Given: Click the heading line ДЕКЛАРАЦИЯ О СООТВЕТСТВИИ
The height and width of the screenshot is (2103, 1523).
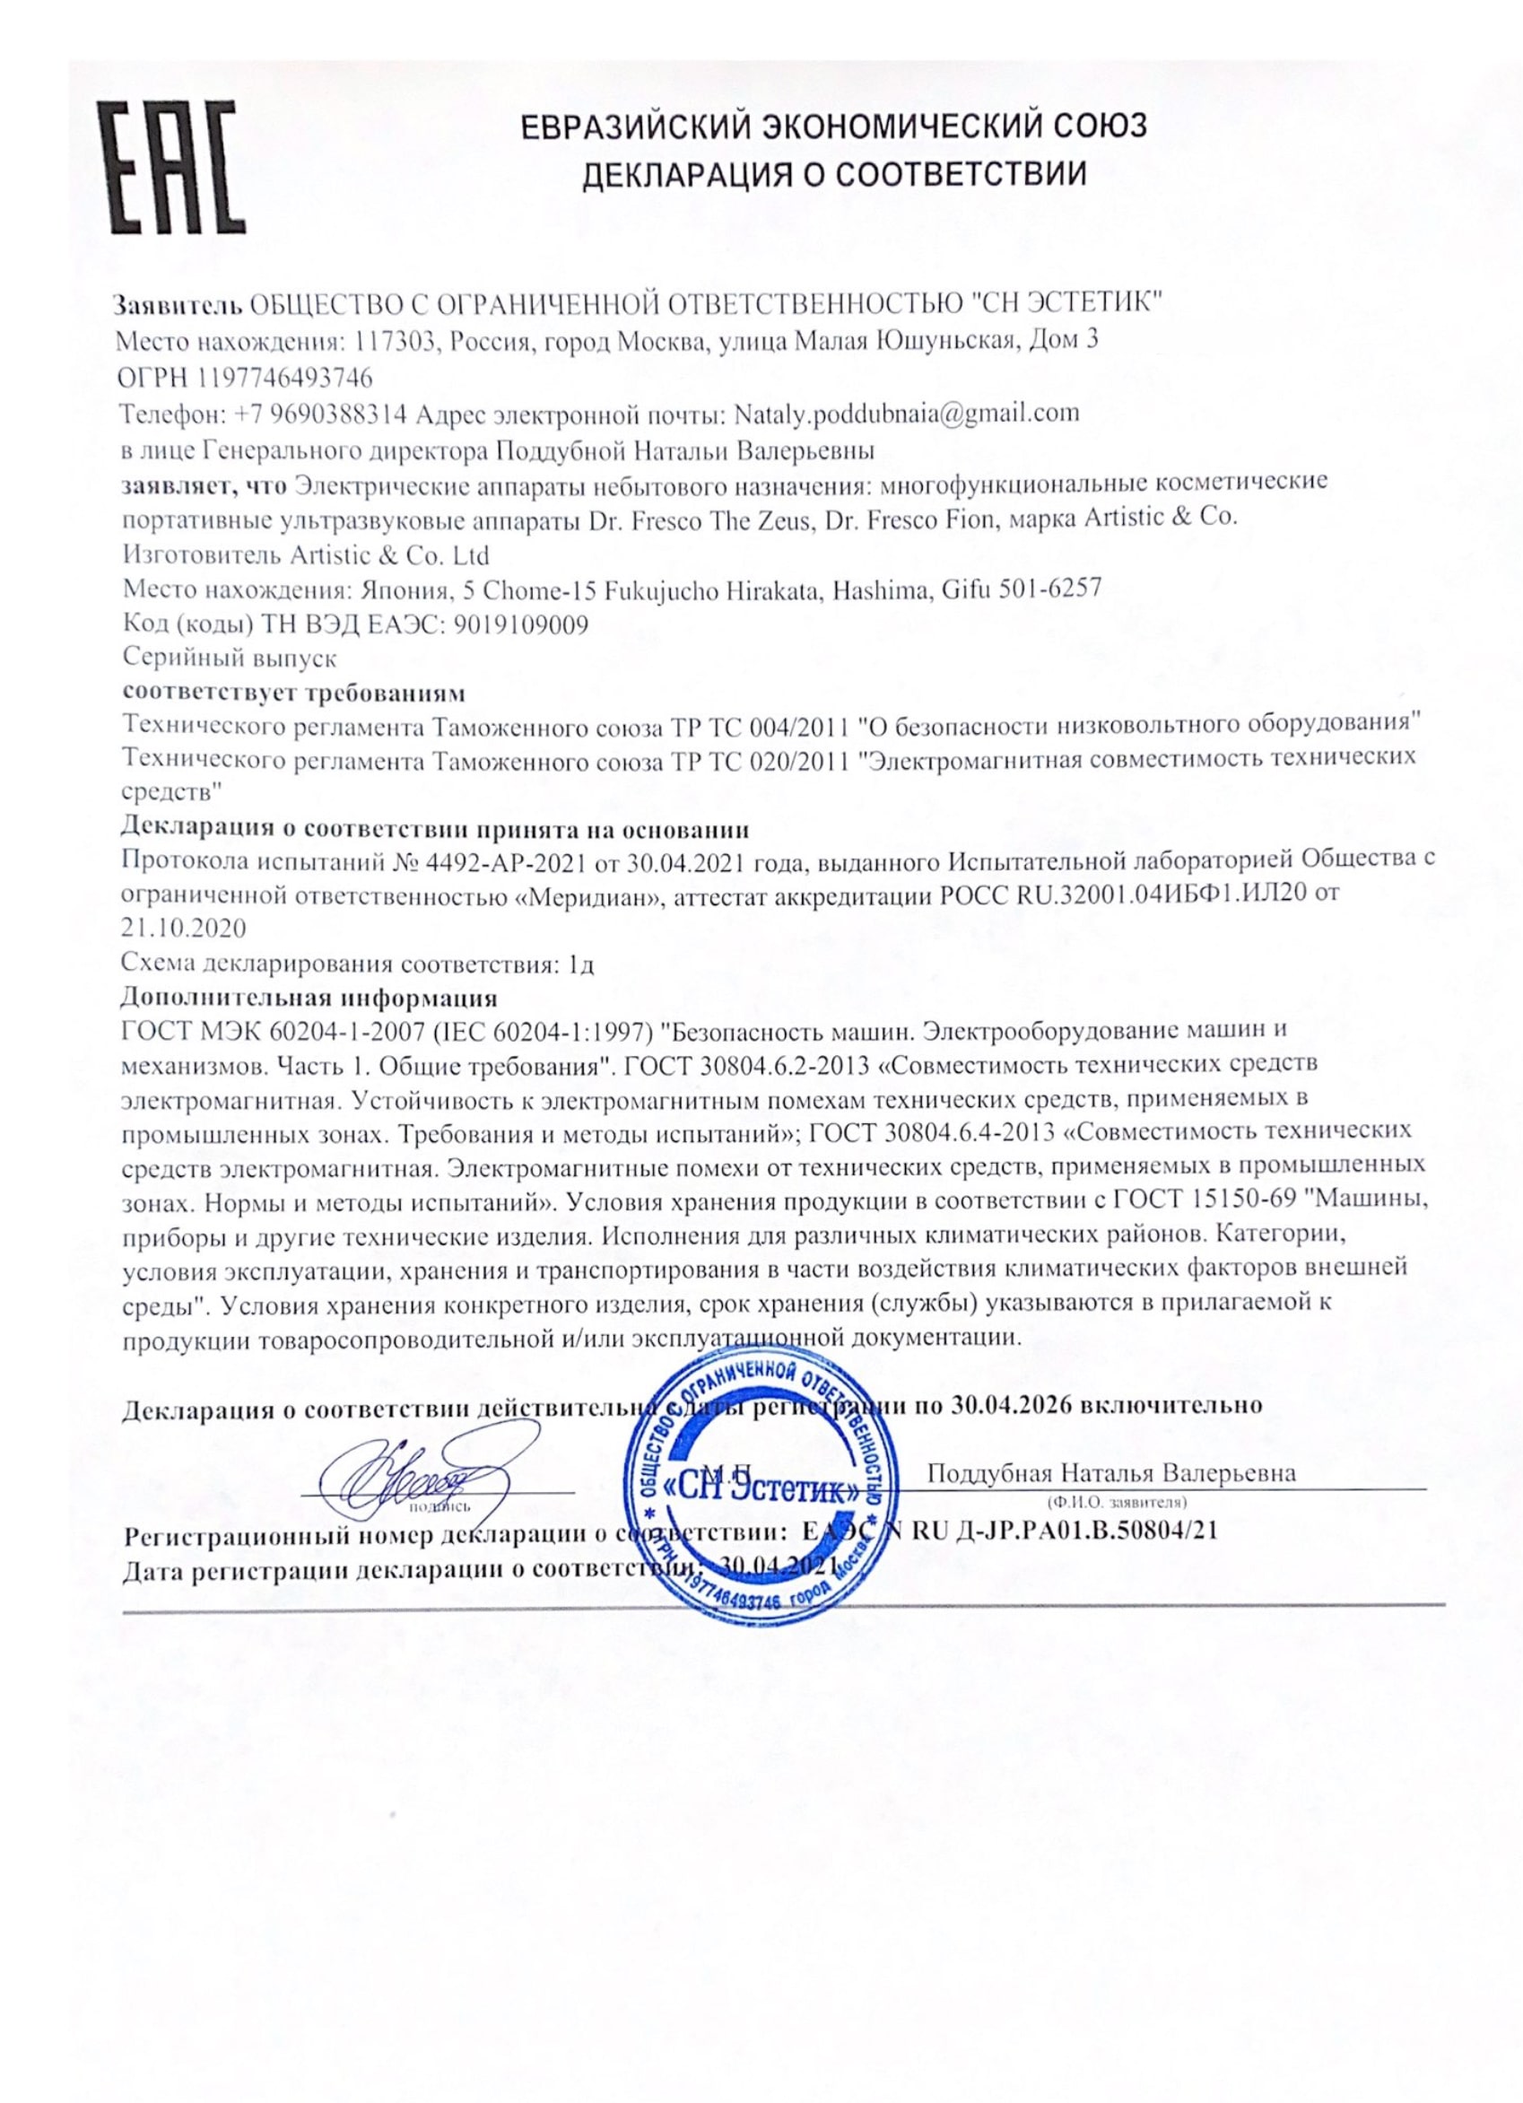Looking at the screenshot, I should point(833,173).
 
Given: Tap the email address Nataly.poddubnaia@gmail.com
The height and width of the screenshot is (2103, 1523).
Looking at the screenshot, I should point(906,413).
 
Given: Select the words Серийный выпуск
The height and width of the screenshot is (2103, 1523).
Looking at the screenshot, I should point(229,659).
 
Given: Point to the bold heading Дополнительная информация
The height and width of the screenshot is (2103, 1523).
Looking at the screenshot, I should point(309,998).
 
